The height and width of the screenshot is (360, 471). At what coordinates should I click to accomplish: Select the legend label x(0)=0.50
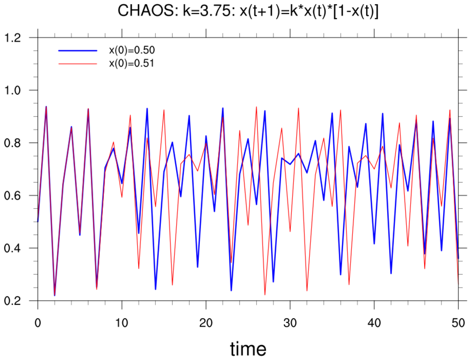(x=131, y=50)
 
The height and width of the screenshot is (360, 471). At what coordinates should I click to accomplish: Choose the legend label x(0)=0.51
(x=131, y=64)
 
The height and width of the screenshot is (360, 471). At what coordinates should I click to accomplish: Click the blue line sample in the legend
(x=77, y=50)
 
